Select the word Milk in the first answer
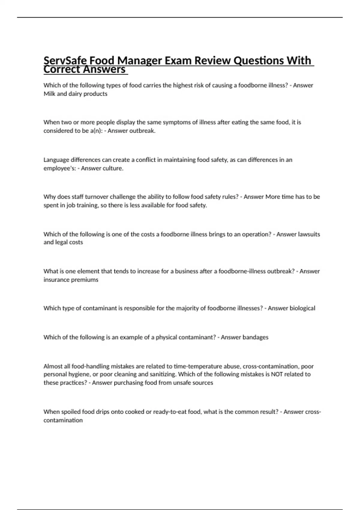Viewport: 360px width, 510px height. pos(49,94)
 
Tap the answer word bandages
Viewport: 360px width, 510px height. pos(255,337)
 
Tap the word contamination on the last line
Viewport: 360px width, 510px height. pos(63,420)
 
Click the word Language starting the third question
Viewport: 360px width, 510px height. pos(56,160)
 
